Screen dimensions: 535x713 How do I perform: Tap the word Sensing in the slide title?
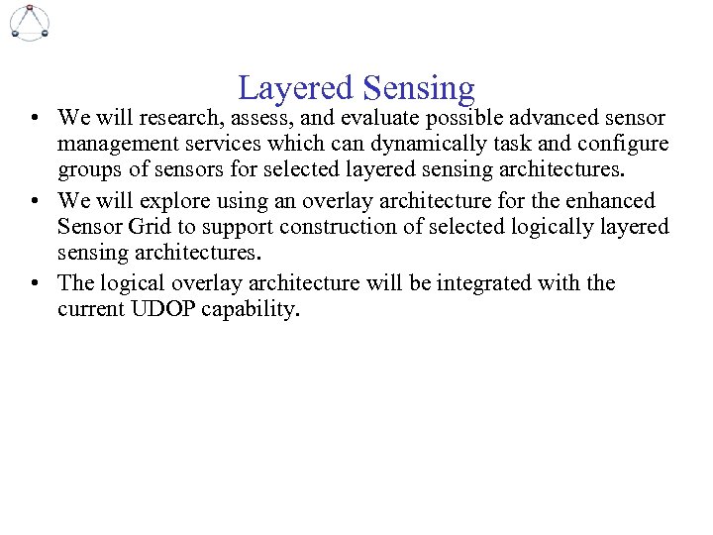tap(419, 89)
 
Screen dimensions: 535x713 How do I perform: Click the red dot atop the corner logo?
tap(30, 8)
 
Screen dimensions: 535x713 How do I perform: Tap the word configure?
tap(629, 144)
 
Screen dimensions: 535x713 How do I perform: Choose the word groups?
tap(88, 169)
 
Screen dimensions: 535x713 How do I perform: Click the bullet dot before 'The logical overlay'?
tap(35, 284)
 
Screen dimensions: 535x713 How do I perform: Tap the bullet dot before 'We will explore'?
tap(35, 202)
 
